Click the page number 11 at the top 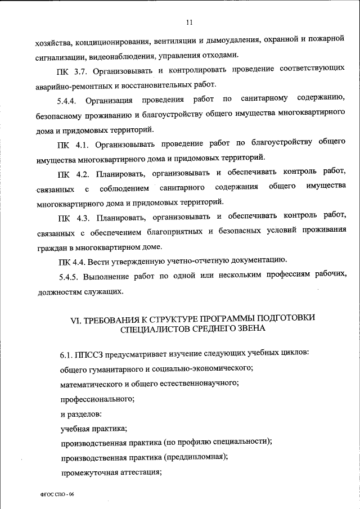189,22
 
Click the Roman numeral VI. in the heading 76,318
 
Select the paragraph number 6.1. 67,355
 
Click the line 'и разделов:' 81,413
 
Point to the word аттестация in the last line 138,472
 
